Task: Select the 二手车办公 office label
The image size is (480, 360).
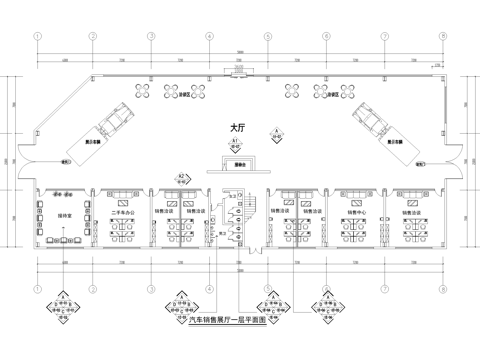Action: tap(123, 213)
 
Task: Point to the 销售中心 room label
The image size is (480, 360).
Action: tap(355, 213)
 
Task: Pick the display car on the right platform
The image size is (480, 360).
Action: tap(365, 118)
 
